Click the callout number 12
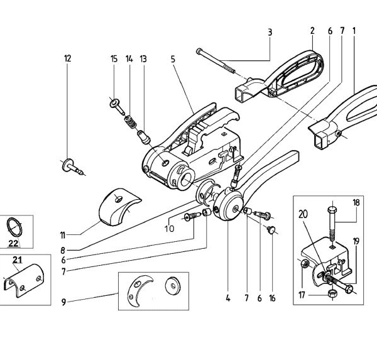[x=67, y=58]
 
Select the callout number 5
[x=172, y=59]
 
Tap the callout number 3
[x=269, y=31]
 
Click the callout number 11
[x=63, y=236]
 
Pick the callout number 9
[x=63, y=302]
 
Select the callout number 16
[x=272, y=298]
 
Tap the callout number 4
[x=228, y=298]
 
